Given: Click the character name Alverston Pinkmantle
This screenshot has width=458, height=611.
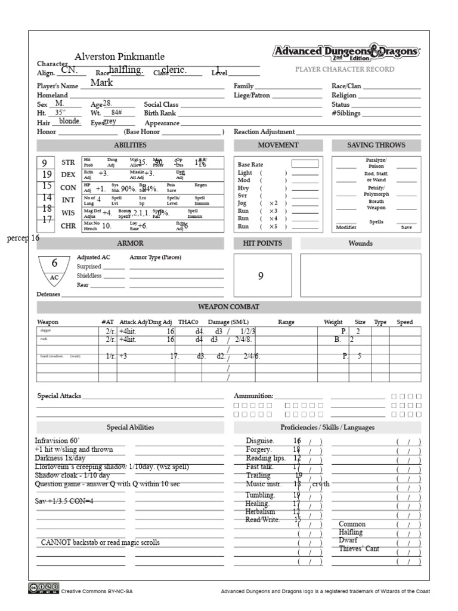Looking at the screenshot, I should [x=119, y=57].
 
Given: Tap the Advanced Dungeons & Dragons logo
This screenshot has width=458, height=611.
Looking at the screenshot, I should [x=346, y=53].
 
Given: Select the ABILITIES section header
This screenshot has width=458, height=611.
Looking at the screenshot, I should [x=130, y=145].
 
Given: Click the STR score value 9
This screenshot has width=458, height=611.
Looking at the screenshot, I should [x=45, y=163].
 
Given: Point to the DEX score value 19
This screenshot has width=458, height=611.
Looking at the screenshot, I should [x=47, y=175].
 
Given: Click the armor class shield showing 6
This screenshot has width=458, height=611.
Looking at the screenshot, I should [x=54, y=267].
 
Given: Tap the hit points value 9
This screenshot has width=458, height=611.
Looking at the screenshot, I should [x=261, y=276].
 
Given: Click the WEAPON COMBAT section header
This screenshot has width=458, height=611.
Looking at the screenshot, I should [x=228, y=307].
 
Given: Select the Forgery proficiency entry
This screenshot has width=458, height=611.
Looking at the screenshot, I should [x=259, y=449].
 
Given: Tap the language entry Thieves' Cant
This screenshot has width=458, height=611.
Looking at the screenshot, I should [x=359, y=549].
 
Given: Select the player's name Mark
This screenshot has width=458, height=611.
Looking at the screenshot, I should [x=101, y=83].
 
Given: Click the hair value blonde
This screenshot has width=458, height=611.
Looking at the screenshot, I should [x=70, y=121].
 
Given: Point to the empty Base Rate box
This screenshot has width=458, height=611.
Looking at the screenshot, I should [x=305, y=163].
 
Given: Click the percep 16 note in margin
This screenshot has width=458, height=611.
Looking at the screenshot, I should [x=23, y=237].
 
